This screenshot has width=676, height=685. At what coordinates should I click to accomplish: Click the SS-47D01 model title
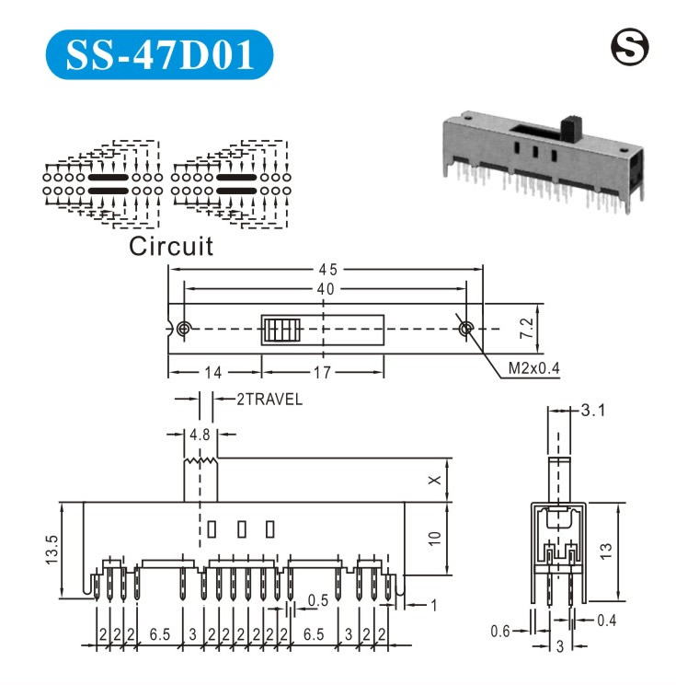160,54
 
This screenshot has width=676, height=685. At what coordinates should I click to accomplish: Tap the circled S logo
629,47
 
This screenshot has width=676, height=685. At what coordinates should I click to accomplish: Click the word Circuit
171,246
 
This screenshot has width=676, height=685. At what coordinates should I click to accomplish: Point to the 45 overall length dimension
327,270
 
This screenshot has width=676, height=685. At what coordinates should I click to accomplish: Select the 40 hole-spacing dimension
326,289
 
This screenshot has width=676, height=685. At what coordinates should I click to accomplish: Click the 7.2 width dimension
527,328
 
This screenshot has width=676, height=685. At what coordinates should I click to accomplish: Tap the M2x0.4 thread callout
533,368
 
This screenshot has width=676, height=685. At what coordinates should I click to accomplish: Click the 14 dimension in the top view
213,373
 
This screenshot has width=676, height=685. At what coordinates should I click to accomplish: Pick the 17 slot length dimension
322,373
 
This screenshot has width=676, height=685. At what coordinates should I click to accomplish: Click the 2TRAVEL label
269,400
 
